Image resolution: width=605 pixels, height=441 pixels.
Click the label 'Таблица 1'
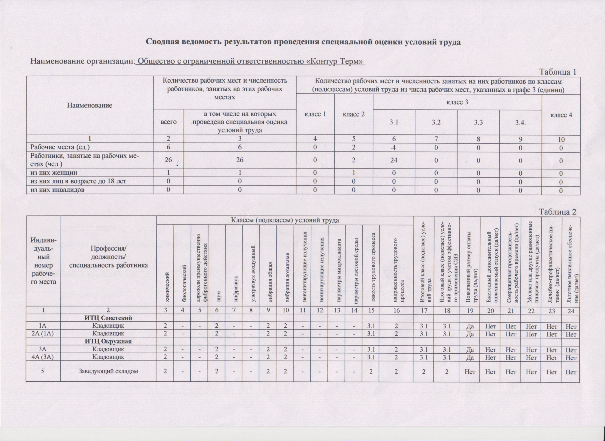[x=558, y=72]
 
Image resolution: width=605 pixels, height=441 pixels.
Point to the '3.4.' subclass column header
[x=520, y=123]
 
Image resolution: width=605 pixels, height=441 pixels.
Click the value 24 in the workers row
[x=394, y=160]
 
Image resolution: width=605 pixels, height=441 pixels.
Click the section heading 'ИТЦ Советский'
[x=108, y=318]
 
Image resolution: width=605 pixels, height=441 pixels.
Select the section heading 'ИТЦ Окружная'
[x=108, y=341]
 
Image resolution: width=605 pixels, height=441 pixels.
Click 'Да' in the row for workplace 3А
[x=470, y=349]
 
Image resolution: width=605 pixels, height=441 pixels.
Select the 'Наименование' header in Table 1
[x=89, y=105]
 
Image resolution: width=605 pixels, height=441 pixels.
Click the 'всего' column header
[x=168, y=122]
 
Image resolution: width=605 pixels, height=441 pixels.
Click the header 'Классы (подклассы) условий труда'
[x=285, y=220]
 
